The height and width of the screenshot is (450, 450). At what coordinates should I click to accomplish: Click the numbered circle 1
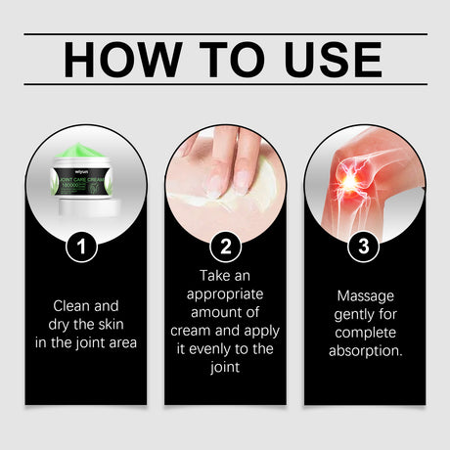83,247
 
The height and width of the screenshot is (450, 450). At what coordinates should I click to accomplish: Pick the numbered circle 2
225,247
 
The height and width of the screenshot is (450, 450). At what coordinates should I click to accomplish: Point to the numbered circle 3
366,247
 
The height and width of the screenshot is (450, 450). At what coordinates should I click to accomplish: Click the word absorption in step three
365,349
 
